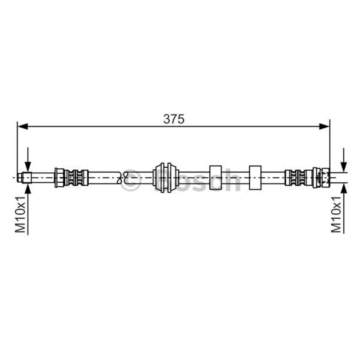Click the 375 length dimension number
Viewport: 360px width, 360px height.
(x=174, y=119)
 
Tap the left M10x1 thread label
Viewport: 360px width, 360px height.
(x=20, y=214)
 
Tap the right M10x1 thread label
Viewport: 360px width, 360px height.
(x=336, y=214)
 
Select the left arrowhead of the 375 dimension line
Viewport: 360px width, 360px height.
(x=23, y=126)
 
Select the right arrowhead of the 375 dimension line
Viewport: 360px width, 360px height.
(x=324, y=126)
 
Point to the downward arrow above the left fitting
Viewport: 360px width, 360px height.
(x=28, y=160)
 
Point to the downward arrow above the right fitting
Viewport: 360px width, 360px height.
(x=344, y=160)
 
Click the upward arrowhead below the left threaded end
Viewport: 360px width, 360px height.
(x=28, y=188)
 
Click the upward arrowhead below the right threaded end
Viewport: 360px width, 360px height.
(x=344, y=188)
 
